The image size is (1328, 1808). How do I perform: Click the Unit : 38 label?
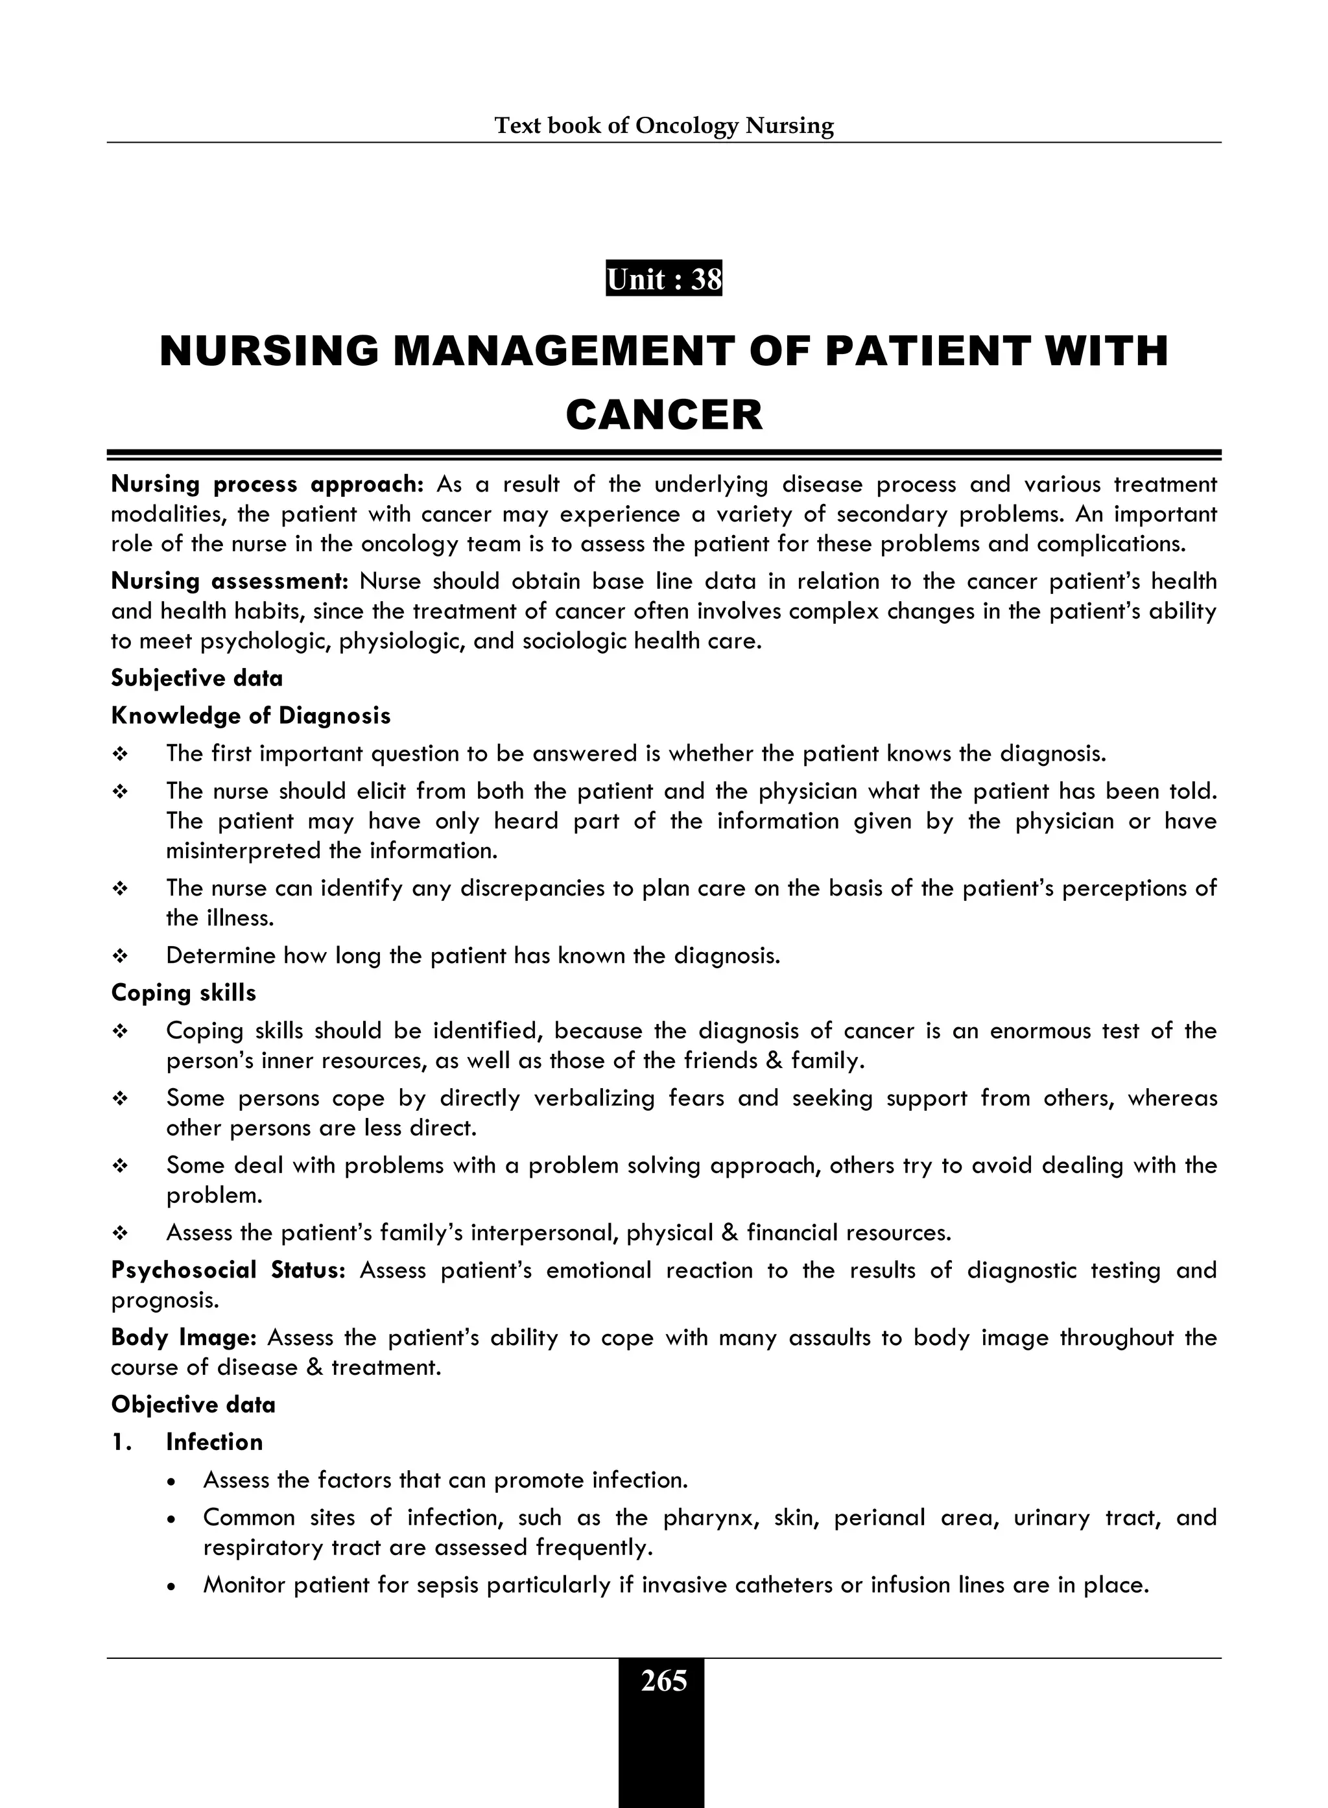(x=663, y=279)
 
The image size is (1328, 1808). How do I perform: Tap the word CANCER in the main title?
(x=663, y=415)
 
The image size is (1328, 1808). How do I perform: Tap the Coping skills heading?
(x=184, y=993)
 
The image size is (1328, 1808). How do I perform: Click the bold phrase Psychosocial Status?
(x=228, y=1270)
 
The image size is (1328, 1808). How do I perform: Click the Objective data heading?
(x=193, y=1405)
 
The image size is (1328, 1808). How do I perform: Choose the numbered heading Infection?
(x=214, y=1442)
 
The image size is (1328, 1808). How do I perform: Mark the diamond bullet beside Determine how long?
(x=120, y=956)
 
